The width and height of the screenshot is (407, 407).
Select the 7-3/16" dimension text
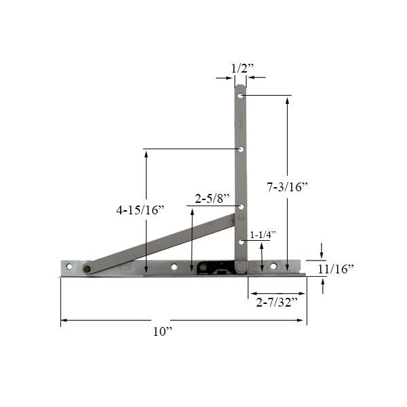288,186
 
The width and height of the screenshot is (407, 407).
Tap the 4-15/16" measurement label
140,210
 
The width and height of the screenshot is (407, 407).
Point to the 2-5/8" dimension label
210,199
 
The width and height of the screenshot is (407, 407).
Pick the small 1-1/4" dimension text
263,234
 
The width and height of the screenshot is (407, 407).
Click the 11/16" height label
335,269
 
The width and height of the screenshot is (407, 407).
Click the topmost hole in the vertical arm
241,96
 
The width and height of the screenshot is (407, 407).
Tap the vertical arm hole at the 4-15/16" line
241,149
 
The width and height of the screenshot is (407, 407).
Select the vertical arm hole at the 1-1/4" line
241,241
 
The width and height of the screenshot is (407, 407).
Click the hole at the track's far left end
69,267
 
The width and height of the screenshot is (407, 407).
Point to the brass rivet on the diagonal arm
87,269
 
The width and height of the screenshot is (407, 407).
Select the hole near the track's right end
273,267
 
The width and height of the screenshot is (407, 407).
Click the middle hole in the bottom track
174,267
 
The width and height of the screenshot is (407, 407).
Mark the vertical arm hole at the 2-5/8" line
241,206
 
